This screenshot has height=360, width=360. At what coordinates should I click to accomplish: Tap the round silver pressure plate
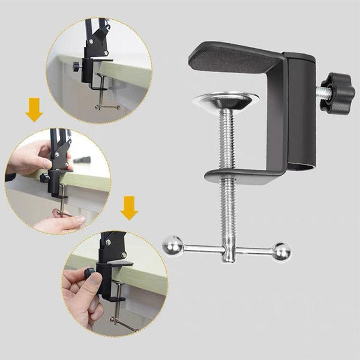pyautogui.click(x=227, y=101)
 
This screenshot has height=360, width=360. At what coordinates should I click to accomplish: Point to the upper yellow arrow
pyautogui.click(x=34, y=110)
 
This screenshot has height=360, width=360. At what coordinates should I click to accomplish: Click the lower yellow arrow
pyautogui.click(x=128, y=207)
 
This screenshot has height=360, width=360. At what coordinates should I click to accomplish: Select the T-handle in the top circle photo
pyautogui.click(x=107, y=106)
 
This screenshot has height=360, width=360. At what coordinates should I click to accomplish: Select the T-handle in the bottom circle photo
pyautogui.click(x=122, y=321)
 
